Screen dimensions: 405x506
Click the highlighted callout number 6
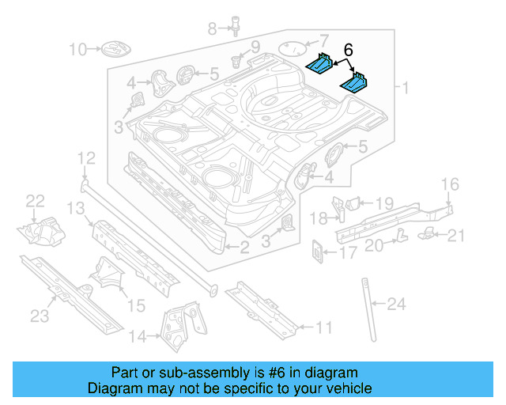(348, 50)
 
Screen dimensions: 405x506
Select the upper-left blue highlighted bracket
(321, 62)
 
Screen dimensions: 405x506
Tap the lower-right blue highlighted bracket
(355, 81)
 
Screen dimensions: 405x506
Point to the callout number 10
(77, 50)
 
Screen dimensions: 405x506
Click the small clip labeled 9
(236, 60)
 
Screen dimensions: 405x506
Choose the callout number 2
(244, 248)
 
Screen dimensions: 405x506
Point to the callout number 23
(40, 317)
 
